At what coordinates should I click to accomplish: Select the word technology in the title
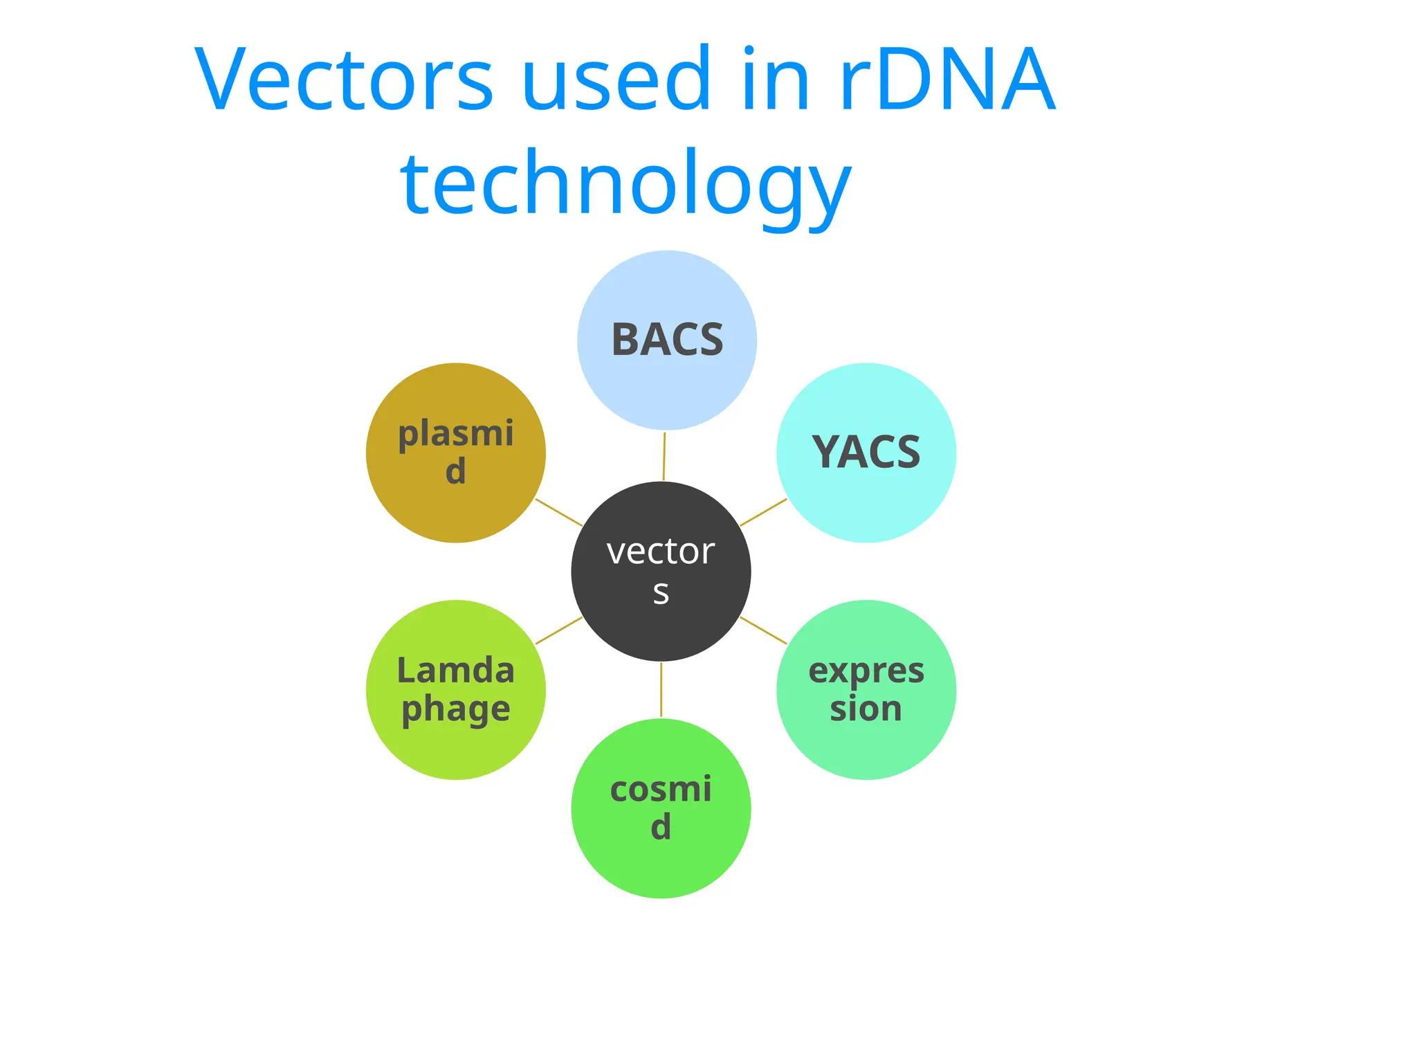click(625, 183)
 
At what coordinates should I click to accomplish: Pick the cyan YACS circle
click(866, 498)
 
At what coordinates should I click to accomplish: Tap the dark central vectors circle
click(661, 623)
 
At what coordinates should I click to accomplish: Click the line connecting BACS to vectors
click(664, 457)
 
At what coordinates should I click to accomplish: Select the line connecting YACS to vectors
click(763, 513)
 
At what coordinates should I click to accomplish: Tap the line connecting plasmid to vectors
click(559, 513)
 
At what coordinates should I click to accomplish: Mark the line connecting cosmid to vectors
click(661, 690)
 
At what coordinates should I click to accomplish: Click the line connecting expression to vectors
click(763, 630)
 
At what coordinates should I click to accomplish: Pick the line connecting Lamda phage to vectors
click(559, 630)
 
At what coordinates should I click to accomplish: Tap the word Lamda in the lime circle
click(455, 671)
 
